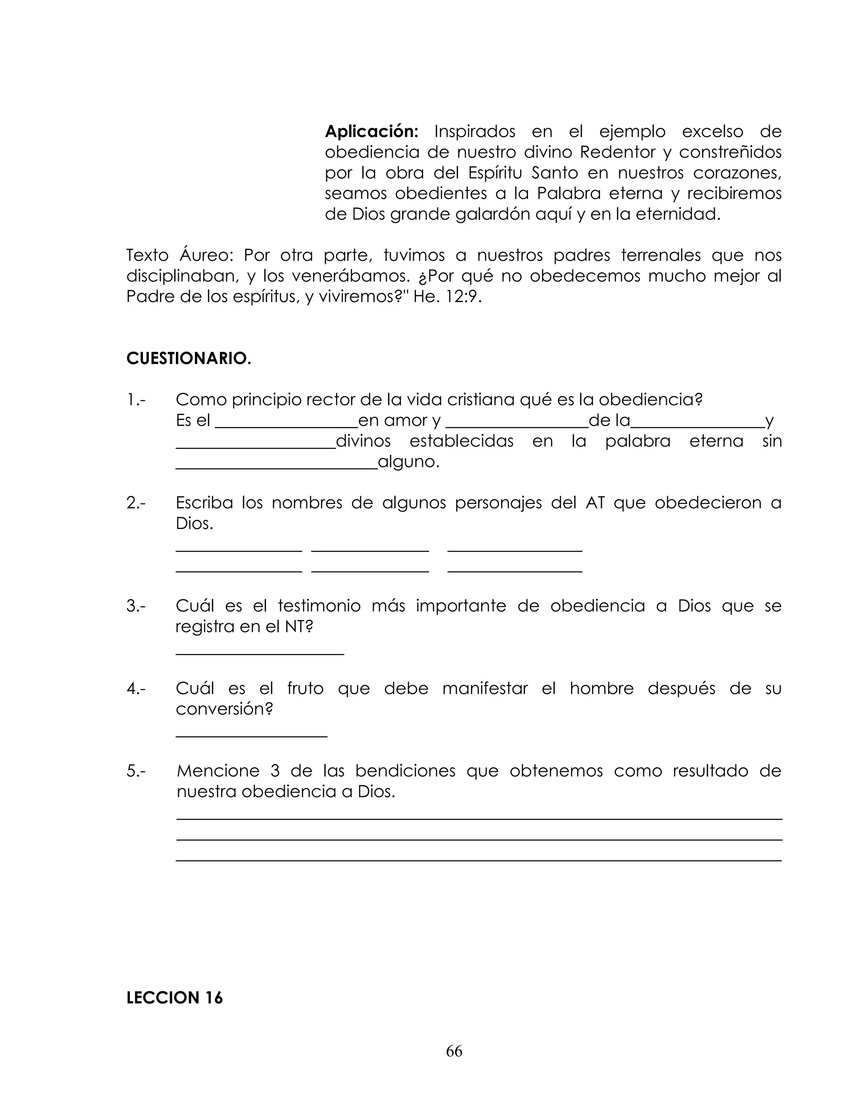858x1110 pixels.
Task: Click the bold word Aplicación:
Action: tap(371, 132)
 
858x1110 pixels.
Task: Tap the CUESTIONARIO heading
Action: tap(189, 359)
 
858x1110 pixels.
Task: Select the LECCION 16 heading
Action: tap(174, 998)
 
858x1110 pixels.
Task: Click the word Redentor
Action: tap(618, 152)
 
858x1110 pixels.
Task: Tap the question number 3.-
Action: tap(136, 606)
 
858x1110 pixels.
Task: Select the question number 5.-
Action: tap(136, 771)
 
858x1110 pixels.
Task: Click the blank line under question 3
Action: tap(260, 653)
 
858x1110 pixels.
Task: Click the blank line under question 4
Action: tap(251, 736)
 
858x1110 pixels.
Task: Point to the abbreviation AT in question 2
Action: tap(595, 503)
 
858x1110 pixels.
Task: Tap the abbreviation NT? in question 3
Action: tap(298, 627)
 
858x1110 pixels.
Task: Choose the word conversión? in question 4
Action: tap(224, 709)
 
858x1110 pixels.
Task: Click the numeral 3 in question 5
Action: tap(275, 771)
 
